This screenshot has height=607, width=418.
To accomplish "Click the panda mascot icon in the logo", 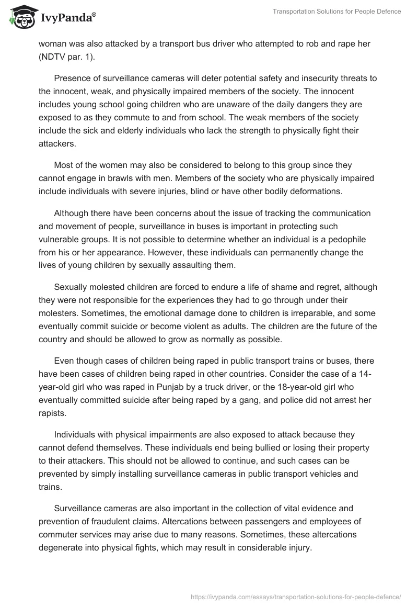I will click(x=20, y=17).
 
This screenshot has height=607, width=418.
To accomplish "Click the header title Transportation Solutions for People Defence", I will click(x=336, y=12).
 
